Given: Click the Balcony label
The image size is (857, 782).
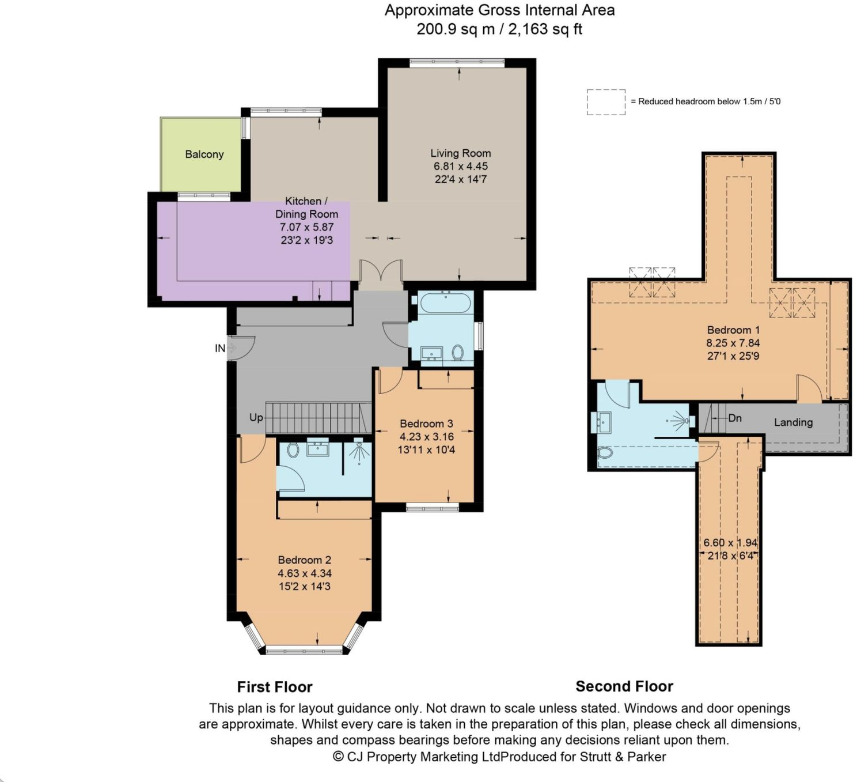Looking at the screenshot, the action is (204, 154).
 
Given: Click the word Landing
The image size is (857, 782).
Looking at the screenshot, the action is (793, 422).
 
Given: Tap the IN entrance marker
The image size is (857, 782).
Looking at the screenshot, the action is (220, 349).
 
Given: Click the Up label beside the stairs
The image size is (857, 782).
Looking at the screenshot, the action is (256, 417).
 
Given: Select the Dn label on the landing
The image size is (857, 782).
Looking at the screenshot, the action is (734, 418).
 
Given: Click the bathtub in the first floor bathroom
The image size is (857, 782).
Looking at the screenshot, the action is (446, 303).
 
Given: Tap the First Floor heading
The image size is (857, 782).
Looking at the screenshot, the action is (275, 687).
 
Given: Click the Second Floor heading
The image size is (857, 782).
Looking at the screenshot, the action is (624, 686).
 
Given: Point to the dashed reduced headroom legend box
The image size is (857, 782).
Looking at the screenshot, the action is (606, 102).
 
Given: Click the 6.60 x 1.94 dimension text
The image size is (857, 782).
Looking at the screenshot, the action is (730, 543).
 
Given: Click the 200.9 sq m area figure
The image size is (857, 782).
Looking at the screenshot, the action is (456, 29).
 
